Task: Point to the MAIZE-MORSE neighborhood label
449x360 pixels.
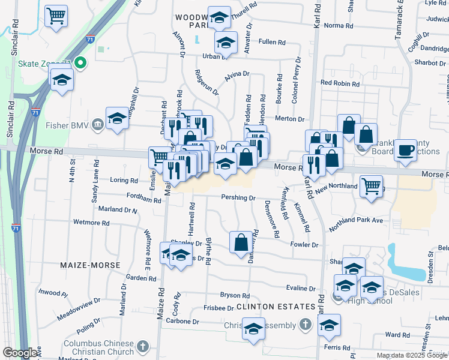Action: [90, 265]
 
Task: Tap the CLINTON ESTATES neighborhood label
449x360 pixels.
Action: [276, 307]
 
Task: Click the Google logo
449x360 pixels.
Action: [20, 353]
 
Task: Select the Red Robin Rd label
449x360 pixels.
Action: [340, 83]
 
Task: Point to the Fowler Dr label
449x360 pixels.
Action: [304, 245]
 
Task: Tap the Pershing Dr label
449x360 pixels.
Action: [238, 197]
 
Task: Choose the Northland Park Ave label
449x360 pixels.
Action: [355, 224]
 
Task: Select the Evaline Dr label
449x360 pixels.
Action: [301, 288]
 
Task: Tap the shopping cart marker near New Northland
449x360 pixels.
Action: [372, 186]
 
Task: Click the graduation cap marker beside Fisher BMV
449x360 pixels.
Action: [118, 118]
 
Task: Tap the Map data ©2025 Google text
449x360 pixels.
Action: [412, 355]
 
